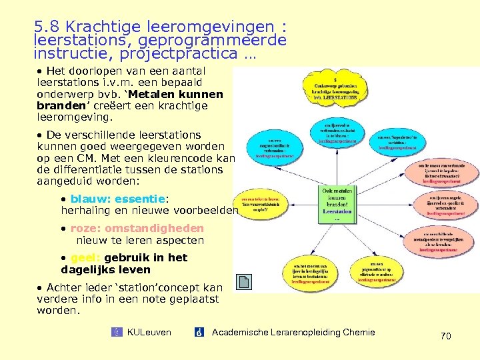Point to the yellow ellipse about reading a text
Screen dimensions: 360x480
coord(261,205)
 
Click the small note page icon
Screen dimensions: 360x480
coord(245,283)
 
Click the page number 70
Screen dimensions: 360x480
coord(445,337)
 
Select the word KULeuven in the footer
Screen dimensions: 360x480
coord(148,332)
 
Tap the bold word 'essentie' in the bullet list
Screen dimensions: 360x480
coord(139,199)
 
